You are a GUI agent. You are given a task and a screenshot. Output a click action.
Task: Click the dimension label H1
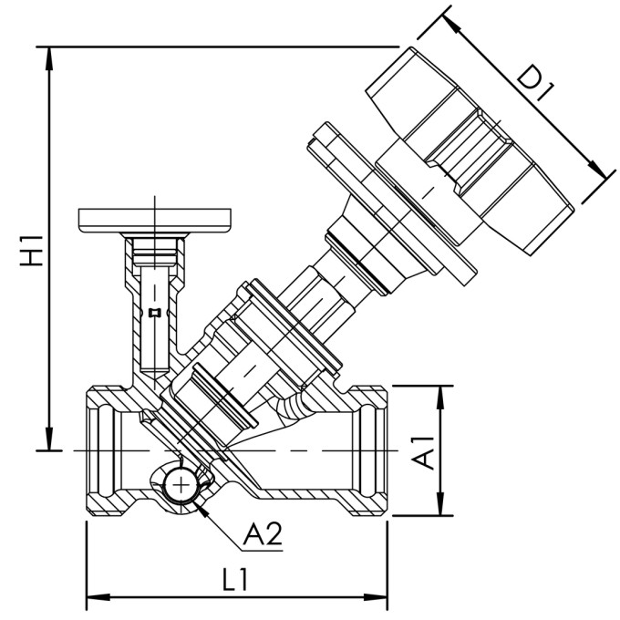point(33,251)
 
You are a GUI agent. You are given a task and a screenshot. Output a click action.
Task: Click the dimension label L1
point(237,580)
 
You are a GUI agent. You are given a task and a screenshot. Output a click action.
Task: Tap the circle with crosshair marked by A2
point(181,484)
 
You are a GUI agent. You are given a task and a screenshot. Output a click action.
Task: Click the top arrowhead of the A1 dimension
point(441,391)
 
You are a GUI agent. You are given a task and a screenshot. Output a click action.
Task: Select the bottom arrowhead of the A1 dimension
point(441,511)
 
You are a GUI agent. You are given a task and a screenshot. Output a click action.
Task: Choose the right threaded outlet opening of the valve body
point(376,450)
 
